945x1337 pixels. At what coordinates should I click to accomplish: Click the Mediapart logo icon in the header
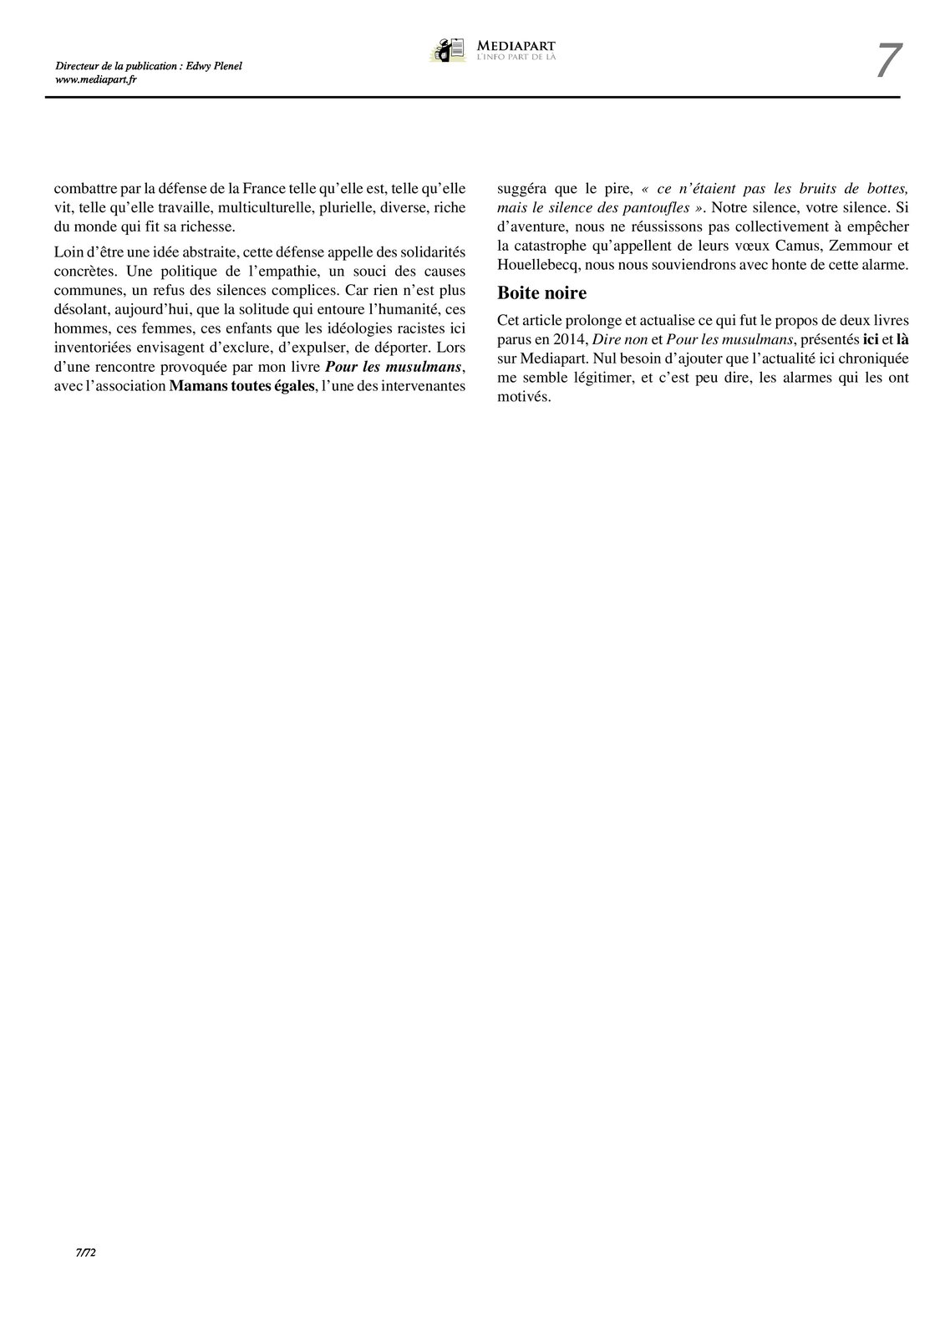(x=448, y=50)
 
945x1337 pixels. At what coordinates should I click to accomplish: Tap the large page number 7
(x=888, y=61)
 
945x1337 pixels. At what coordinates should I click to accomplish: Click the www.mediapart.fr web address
(x=96, y=79)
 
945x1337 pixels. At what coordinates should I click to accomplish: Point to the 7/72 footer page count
(x=87, y=1253)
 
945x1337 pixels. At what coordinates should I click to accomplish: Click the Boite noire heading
(x=541, y=293)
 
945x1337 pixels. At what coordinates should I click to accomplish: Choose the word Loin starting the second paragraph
(x=69, y=251)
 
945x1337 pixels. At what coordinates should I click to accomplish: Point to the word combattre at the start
(x=83, y=188)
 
